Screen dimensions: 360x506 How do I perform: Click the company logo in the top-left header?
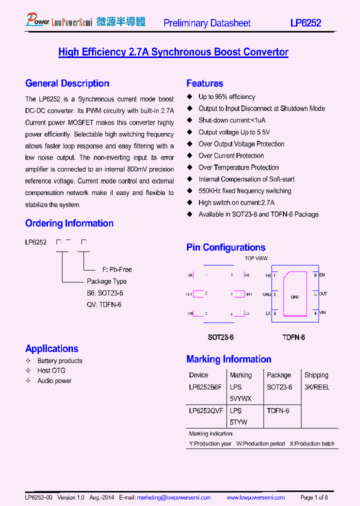click(85, 21)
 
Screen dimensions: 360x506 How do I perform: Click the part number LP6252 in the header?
click(306, 23)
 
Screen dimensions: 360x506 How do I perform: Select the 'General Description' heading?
click(67, 83)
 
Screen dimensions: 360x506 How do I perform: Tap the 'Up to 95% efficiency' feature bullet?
click(226, 97)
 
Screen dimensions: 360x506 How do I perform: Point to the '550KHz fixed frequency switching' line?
click(244, 191)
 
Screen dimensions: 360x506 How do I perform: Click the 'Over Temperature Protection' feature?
click(238, 167)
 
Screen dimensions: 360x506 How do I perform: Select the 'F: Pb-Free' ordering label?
click(117, 269)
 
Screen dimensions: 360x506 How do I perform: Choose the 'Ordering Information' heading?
click(69, 223)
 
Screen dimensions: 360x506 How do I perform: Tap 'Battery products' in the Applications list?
click(59, 361)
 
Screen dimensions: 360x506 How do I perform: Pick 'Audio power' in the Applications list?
click(54, 381)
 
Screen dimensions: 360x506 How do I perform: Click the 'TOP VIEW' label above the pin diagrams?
click(256, 258)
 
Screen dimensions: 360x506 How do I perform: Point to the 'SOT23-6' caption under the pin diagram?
click(220, 337)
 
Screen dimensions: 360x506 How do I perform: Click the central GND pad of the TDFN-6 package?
click(294, 297)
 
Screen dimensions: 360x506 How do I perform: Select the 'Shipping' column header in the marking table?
click(316, 375)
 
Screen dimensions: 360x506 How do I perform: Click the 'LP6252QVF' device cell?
click(205, 410)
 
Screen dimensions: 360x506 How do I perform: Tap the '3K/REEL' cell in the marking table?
click(316, 387)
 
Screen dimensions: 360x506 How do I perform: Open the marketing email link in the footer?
click(174, 497)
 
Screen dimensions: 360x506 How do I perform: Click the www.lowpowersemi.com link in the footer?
click(255, 497)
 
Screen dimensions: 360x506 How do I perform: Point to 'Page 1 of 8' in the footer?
click(314, 497)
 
